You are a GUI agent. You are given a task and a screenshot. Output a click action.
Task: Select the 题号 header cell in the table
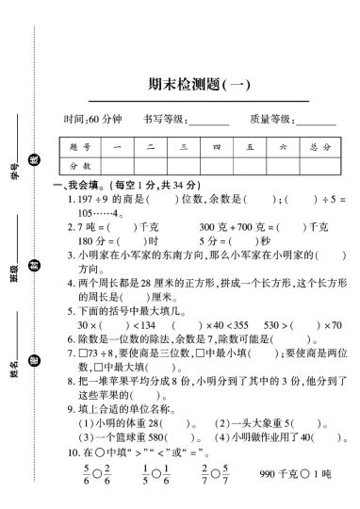click(80, 148)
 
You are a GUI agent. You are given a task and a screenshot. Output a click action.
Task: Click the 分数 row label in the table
click(80, 165)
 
